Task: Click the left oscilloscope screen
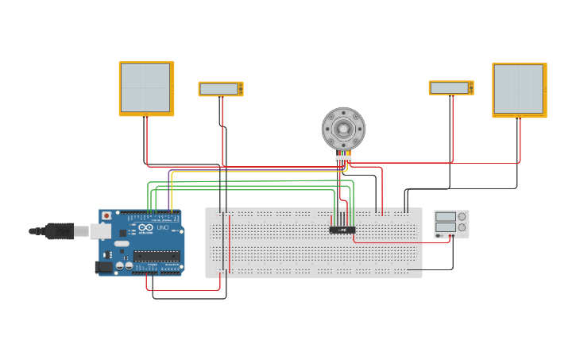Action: click(x=146, y=87)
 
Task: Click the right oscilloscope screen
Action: click(x=519, y=88)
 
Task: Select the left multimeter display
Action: click(x=220, y=89)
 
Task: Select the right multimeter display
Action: click(x=450, y=87)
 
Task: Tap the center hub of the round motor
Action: click(x=343, y=128)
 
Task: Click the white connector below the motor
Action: click(x=343, y=158)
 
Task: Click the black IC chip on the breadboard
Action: click(x=342, y=230)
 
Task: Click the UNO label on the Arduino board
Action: click(x=162, y=228)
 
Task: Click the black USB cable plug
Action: click(x=59, y=231)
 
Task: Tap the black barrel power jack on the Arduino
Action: click(x=103, y=268)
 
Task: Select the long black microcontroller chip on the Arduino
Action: click(x=156, y=255)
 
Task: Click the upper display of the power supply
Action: click(x=445, y=217)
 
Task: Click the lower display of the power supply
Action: click(x=445, y=227)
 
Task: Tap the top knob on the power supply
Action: click(x=462, y=217)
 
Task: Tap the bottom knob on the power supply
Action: click(x=462, y=227)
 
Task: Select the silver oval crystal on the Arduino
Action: click(x=122, y=244)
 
